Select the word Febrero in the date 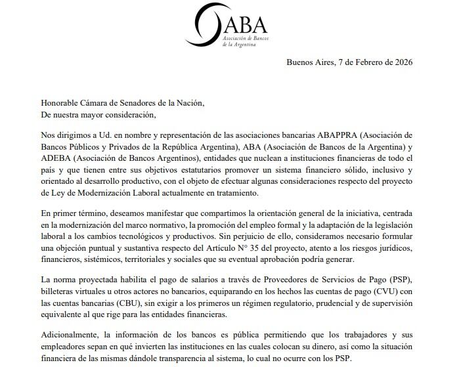pos(361,62)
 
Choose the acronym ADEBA pos(58,159)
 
